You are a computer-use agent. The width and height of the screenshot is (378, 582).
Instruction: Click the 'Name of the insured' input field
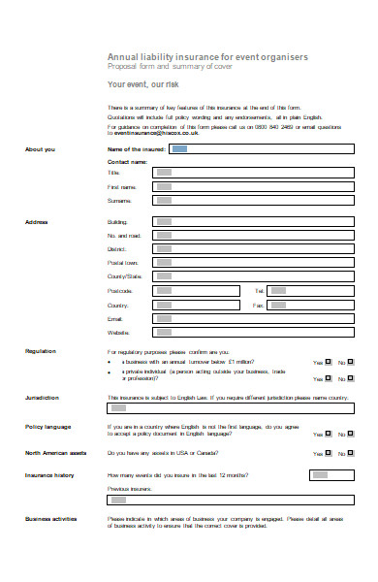260,149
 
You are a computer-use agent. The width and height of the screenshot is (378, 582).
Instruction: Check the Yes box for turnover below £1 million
329,363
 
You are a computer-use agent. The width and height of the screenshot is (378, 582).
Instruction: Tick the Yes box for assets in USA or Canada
329,453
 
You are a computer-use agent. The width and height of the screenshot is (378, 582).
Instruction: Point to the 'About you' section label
41,149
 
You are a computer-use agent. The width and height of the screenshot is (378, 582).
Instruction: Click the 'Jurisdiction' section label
43,398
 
